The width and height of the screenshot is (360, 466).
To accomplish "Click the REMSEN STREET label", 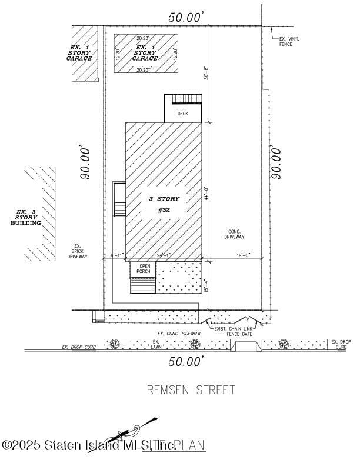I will point(191,390).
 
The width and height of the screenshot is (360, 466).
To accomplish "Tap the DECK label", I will point(183,114).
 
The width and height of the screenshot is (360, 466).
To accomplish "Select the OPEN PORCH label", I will point(144,268).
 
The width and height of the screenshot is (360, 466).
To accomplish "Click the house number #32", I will point(164,210).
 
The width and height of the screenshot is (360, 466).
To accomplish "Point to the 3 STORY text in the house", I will point(164,199).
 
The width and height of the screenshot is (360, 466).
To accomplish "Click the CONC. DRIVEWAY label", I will point(234,234).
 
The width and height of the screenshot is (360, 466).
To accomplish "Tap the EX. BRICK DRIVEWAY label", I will point(77,251).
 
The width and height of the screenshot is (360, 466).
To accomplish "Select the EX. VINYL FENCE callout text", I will point(289,42).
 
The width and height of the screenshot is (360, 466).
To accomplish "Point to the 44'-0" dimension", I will point(206,194).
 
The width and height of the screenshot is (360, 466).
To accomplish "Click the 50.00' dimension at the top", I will point(186,18).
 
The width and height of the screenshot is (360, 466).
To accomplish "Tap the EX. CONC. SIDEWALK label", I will point(179,334).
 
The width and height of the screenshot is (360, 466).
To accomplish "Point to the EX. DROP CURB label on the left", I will point(79,347).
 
